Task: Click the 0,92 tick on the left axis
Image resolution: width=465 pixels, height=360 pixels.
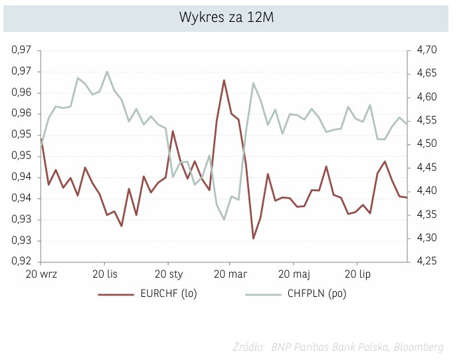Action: coord(22,262)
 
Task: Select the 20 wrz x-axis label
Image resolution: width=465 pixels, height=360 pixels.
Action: coord(42,274)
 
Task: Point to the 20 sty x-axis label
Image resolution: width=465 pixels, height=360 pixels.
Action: coord(169,274)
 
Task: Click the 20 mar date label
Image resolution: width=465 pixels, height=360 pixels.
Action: coord(229,274)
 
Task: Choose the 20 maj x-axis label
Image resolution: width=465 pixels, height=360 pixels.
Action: coord(294,274)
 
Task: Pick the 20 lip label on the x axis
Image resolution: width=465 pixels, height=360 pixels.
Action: coord(358,274)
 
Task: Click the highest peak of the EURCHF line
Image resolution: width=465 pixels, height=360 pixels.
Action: coord(224,80)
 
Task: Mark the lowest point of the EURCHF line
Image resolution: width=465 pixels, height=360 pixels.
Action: coord(253,238)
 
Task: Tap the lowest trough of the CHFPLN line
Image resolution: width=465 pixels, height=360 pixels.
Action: coord(224,220)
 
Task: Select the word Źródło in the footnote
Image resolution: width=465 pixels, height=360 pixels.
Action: coord(248,347)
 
